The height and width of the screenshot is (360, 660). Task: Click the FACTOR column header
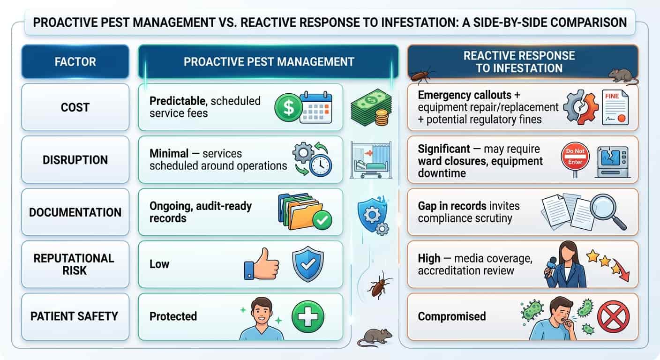click(x=75, y=61)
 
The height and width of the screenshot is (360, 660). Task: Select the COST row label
click(x=75, y=107)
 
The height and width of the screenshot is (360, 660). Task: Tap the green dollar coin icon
click(x=288, y=107)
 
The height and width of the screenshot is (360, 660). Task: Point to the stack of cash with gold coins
click(x=371, y=107)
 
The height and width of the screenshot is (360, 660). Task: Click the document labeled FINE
click(x=615, y=107)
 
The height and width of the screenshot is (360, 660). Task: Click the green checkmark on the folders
click(x=322, y=220)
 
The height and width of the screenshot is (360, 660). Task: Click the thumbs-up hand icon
click(x=262, y=264)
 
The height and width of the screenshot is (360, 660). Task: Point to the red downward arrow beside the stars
click(x=622, y=271)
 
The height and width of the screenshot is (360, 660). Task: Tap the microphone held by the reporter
click(x=550, y=267)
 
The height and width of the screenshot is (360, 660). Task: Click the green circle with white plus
click(x=308, y=317)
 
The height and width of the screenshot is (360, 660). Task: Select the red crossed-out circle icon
click(x=614, y=317)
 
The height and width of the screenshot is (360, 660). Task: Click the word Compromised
click(x=452, y=316)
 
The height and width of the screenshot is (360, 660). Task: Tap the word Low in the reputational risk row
click(x=159, y=264)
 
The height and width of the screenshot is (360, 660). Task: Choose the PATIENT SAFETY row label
click(x=74, y=316)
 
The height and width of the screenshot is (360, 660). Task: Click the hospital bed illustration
click(x=371, y=160)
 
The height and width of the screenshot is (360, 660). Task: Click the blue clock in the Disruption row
click(x=321, y=165)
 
